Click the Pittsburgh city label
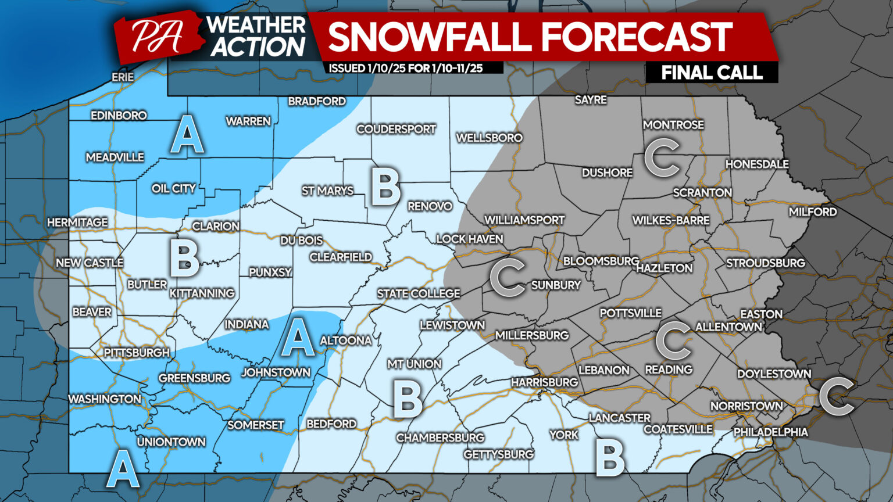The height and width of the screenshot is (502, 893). click(137, 353)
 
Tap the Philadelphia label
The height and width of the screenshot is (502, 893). click(770, 432)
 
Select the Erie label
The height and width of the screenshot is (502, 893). click(123, 77)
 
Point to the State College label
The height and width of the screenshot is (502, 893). click(419, 293)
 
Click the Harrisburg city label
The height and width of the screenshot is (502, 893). click(544, 382)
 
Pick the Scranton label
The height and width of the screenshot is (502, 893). click(702, 192)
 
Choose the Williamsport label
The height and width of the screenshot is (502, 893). click(524, 220)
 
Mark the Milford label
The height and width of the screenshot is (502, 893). click(813, 212)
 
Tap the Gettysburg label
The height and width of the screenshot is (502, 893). click(498, 454)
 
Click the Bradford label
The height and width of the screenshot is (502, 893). click(317, 101)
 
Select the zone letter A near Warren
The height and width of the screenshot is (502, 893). click(187, 135)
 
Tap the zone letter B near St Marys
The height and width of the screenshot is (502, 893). click(385, 187)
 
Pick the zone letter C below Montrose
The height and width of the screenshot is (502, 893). click(662, 157)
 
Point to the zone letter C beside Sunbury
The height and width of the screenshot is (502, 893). click(508, 277)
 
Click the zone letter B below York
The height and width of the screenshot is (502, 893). click(610, 458)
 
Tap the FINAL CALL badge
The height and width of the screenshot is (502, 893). click(712, 73)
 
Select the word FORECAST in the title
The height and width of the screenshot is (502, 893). click(637, 37)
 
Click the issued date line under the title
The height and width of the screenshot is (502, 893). click(406, 68)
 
